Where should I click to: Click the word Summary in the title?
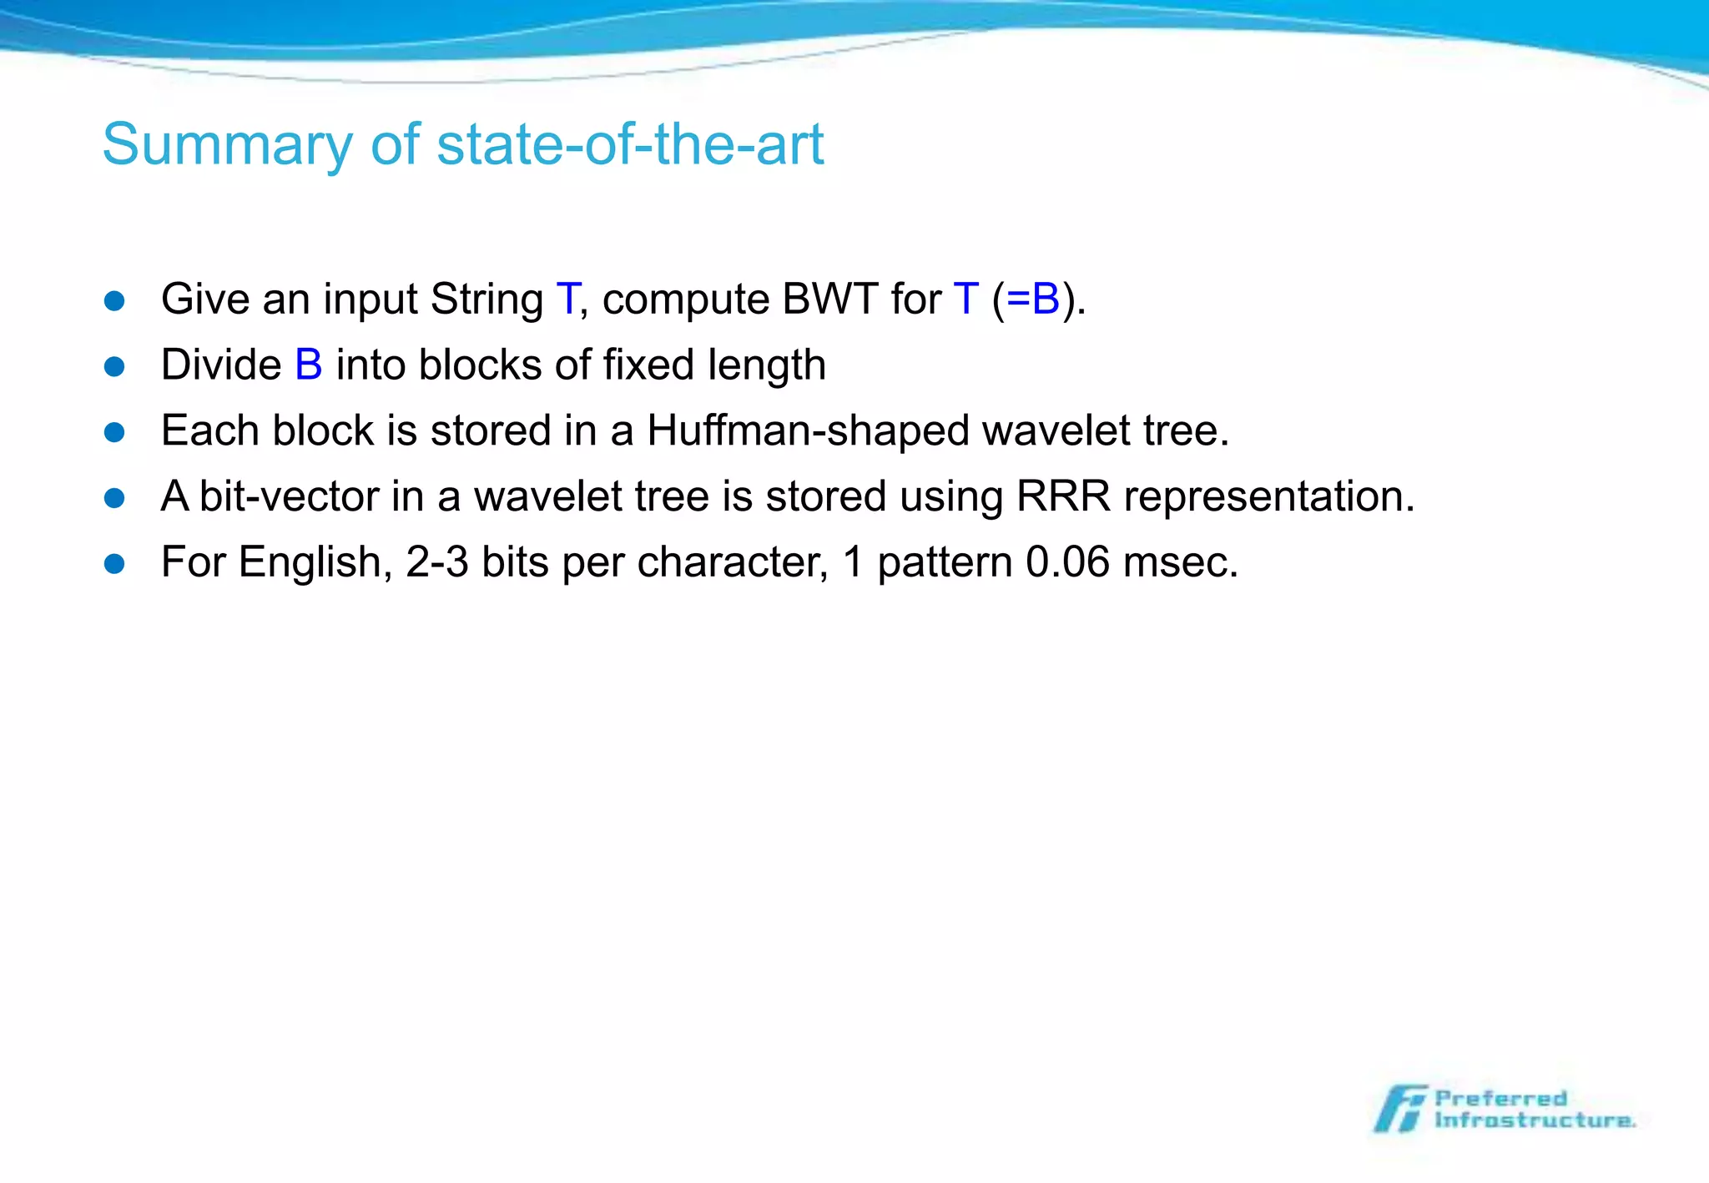click(x=227, y=145)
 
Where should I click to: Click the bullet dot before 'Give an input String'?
click(x=114, y=300)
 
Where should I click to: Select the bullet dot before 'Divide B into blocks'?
click(x=114, y=366)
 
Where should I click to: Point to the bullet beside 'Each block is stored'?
click(x=114, y=432)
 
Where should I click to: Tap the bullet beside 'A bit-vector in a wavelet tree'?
click(x=114, y=498)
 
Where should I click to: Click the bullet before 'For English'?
click(x=114, y=564)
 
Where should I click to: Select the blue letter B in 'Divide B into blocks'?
click(x=309, y=365)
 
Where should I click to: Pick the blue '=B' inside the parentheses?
click(x=1033, y=299)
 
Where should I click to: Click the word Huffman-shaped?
click(x=808, y=431)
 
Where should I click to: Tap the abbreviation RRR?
click(x=1063, y=496)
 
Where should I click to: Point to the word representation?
click(x=1268, y=496)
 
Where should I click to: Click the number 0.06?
click(x=1067, y=562)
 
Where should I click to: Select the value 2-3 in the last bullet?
click(x=437, y=562)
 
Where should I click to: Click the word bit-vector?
click(x=289, y=496)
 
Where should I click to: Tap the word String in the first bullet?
click(x=486, y=299)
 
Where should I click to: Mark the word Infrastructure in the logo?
click(x=1534, y=1120)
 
